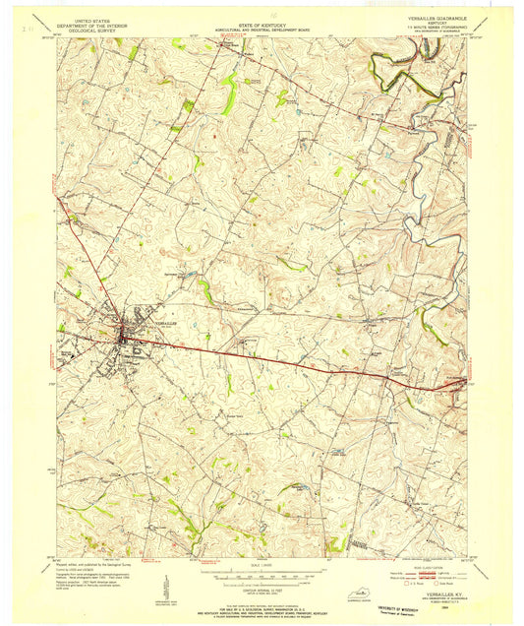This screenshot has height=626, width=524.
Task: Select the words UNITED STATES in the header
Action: [86, 17]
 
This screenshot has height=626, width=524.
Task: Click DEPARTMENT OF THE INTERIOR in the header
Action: [86, 22]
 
